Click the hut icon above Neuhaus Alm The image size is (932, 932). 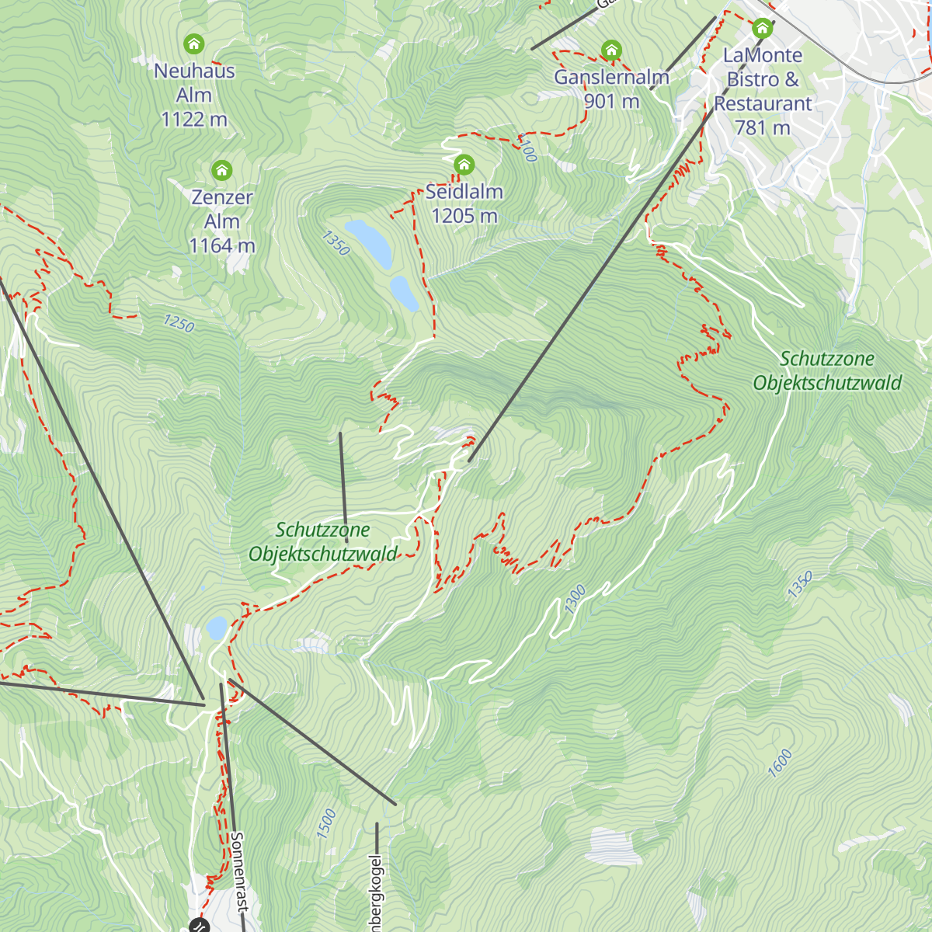(193, 43)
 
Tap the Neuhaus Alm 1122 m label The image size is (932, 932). (194, 95)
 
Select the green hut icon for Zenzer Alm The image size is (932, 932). (222, 170)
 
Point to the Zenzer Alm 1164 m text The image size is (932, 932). (222, 221)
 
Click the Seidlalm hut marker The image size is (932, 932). (464, 165)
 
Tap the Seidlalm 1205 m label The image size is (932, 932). (464, 203)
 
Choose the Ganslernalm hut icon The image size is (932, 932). (611, 51)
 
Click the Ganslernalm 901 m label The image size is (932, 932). (611, 89)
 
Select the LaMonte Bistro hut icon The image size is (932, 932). (763, 30)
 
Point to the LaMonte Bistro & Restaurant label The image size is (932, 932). (763, 91)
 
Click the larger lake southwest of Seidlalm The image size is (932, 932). (369, 242)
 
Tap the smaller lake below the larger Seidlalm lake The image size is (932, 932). (405, 293)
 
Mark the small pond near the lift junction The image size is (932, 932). (217, 627)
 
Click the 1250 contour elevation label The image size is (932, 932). (179, 323)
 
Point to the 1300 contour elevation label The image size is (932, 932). (575, 600)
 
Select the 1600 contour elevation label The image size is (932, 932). (780, 763)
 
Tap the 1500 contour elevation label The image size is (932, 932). (326, 823)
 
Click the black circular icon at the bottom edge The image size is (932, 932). (199, 925)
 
